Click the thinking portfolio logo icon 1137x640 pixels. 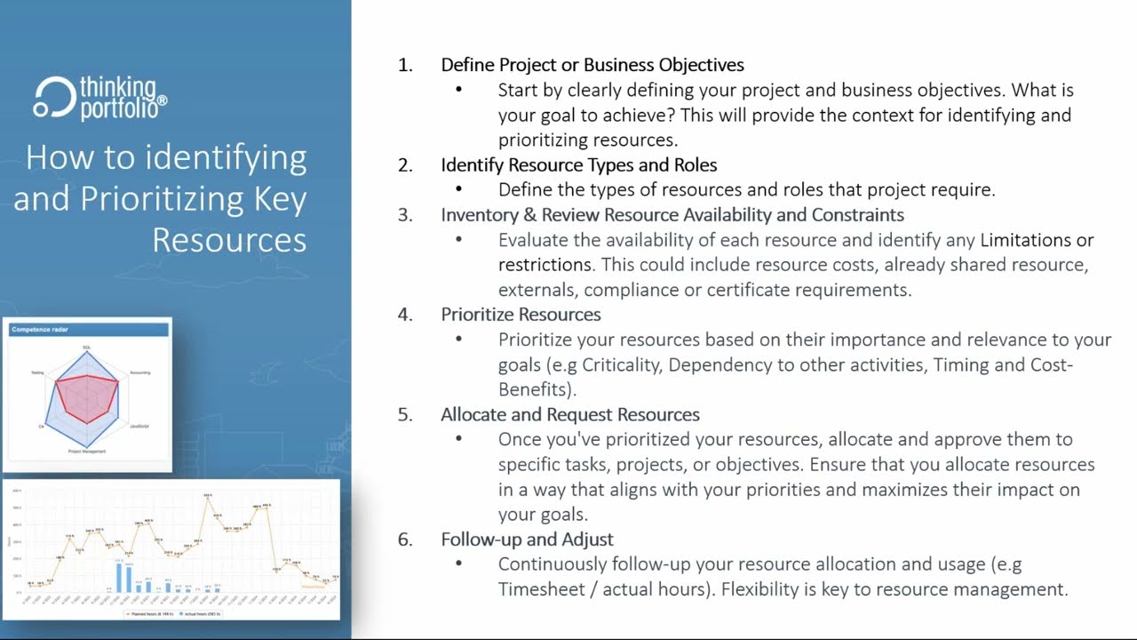click(x=53, y=98)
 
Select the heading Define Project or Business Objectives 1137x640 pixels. click(x=592, y=65)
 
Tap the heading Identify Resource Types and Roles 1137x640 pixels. click(x=578, y=164)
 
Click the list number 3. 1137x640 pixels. click(x=405, y=215)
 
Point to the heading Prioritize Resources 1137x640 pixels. click(x=521, y=315)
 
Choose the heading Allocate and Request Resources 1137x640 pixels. click(x=569, y=414)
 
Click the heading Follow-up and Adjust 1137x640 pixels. click(x=527, y=540)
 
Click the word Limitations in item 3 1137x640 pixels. click(x=1025, y=240)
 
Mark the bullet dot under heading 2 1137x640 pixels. click(x=459, y=190)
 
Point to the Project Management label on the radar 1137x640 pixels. click(x=87, y=452)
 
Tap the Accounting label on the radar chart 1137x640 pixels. click(x=139, y=372)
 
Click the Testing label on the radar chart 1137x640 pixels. click(x=37, y=372)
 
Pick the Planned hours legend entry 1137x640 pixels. click(x=151, y=614)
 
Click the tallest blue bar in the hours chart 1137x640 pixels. click(x=119, y=578)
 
